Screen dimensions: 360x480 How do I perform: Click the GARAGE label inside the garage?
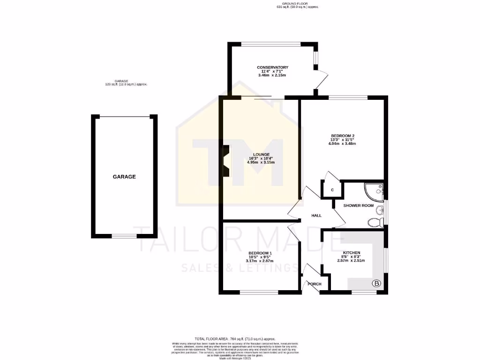tap(124, 177)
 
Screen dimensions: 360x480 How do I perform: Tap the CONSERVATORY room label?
tap(272, 67)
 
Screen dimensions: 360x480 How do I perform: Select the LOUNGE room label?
tap(261, 154)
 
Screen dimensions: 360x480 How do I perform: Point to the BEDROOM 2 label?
tap(342, 136)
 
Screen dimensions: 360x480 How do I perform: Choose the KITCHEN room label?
tap(351, 253)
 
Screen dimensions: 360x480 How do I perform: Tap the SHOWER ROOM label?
tap(358, 206)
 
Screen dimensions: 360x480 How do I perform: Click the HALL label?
tap(316, 215)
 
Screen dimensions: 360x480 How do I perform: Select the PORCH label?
tap(314, 284)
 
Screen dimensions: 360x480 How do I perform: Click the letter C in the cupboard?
tap(332, 190)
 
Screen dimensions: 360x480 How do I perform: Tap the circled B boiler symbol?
tap(376, 283)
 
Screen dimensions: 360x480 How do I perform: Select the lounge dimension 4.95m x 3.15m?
tap(261, 163)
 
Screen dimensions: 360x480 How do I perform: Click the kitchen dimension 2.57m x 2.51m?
tap(351, 261)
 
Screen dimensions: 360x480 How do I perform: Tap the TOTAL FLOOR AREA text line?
tap(235, 338)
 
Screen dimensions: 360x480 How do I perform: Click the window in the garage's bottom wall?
tap(124, 236)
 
